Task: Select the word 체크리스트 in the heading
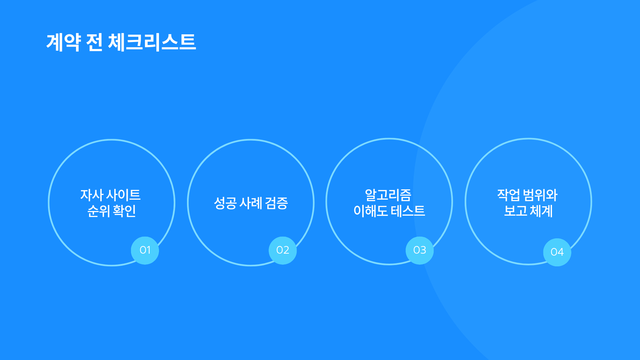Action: (x=152, y=42)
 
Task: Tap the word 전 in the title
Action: (x=94, y=42)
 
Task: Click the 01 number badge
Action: (x=145, y=250)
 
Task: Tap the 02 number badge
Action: (x=283, y=250)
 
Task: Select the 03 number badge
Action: (x=420, y=250)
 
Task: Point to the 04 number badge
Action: (x=557, y=252)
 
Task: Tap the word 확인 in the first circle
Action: (x=124, y=211)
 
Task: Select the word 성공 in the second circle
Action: (x=225, y=203)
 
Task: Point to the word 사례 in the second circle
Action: (x=251, y=203)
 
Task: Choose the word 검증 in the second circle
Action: (x=276, y=203)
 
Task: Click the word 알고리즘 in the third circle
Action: (x=388, y=195)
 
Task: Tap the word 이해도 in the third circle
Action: (x=371, y=211)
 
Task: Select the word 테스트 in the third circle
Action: (x=408, y=211)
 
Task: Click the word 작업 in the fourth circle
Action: (x=509, y=195)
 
